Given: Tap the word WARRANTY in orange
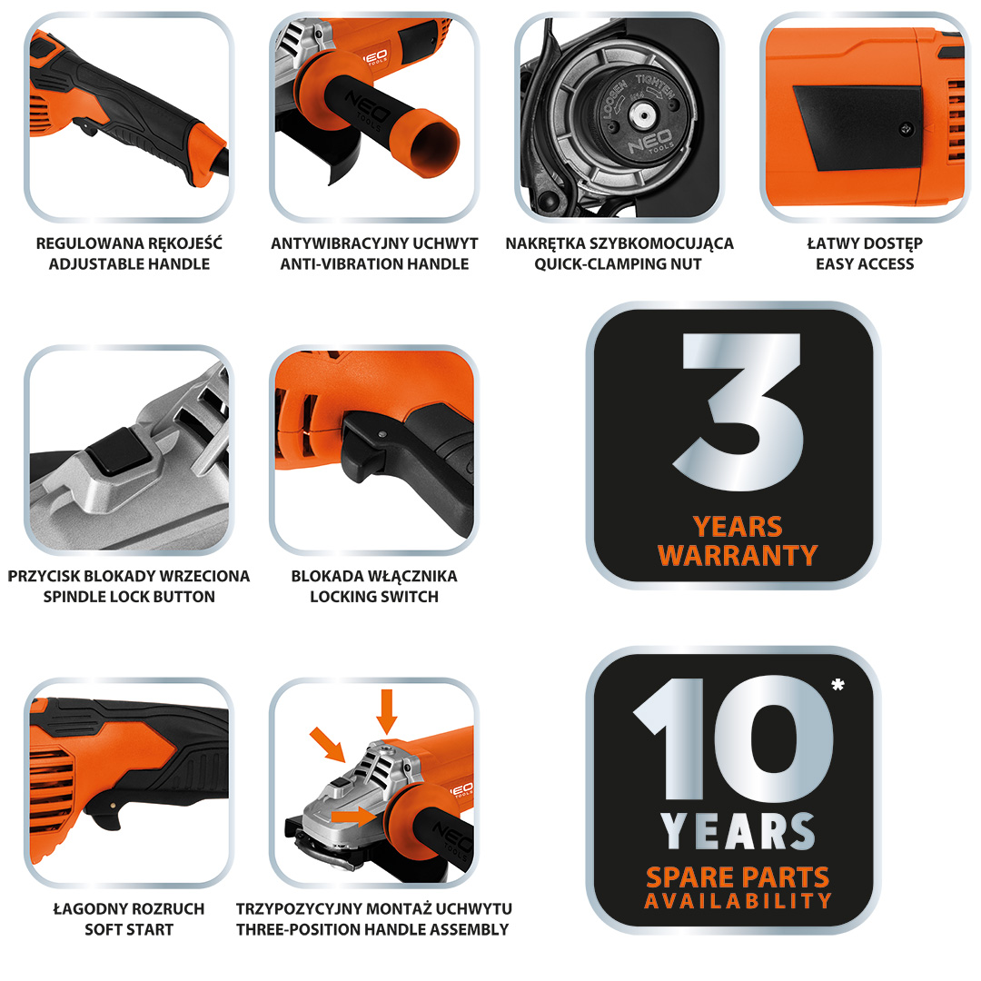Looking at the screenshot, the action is pyautogui.click(x=738, y=555).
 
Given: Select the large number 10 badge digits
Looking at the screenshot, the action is pyautogui.click(x=735, y=738).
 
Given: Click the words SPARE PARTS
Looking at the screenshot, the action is pyautogui.click(x=738, y=877).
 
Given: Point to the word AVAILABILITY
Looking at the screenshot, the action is pyautogui.click(x=738, y=901).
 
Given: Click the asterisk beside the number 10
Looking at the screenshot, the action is pyautogui.click(x=837, y=685).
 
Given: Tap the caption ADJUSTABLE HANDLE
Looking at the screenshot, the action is pyautogui.click(x=130, y=264).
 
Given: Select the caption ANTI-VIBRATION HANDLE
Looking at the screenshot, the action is pyautogui.click(x=374, y=264).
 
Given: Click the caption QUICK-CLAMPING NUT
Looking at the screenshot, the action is pyautogui.click(x=619, y=264).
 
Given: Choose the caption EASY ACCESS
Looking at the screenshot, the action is pyautogui.click(x=865, y=264).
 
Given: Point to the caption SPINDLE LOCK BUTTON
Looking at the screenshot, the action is pyautogui.click(x=129, y=597).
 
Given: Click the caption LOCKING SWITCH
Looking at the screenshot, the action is pyautogui.click(x=374, y=597).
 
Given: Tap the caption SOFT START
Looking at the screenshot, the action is pyautogui.click(x=129, y=930).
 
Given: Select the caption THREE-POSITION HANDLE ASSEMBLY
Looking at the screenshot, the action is pyautogui.click(x=373, y=930).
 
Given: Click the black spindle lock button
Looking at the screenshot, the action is pyautogui.click(x=119, y=451).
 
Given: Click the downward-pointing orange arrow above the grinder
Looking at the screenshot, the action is pyautogui.click(x=387, y=711).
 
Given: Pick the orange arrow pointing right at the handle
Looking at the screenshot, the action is pyautogui.click(x=353, y=815).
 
